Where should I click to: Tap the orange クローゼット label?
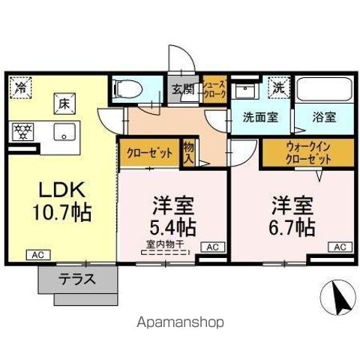[x=149, y=153]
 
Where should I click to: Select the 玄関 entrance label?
[x=182, y=89]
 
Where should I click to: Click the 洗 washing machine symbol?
[x=278, y=86]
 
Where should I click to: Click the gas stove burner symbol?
[x=24, y=131]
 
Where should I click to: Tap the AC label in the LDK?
[x=36, y=255]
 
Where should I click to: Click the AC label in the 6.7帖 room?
[x=339, y=247]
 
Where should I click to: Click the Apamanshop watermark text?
[x=180, y=323]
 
